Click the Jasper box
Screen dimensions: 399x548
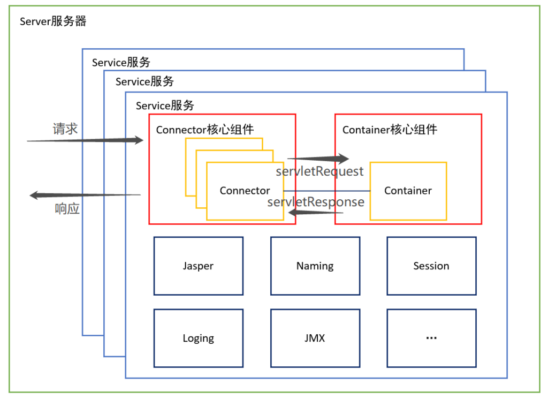pyautogui.click(x=198, y=266)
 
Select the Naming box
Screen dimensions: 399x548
pyautogui.click(x=315, y=266)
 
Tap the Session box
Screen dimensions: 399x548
pyautogui.click(x=431, y=266)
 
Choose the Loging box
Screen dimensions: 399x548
pyautogui.click(x=198, y=338)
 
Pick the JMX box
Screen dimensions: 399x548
pyautogui.click(x=315, y=338)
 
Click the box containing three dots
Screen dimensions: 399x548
pyautogui.click(x=431, y=338)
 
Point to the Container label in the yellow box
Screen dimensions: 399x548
pyautogui.click(x=408, y=191)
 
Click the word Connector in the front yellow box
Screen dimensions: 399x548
pyautogui.click(x=245, y=191)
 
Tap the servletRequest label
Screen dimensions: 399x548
pyautogui.click(x=319, y=171)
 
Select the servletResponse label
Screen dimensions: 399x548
pyautogui.click(x=316, y=202)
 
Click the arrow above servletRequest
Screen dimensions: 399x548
pyautogui.click(x=318, y=159)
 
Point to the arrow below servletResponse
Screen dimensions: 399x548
pyautogui.click(x=316, y=213)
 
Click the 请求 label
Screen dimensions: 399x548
pyautogui.click(x=65, y=129)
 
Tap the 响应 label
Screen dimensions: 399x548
pyautogui.click(x=67, y=209)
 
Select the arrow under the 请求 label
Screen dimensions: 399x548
pyautogui.click(x=86, y=140)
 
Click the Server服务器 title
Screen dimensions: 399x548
pyautogui.click(x=53, y=21)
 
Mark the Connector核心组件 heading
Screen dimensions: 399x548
pyautogui.click(x=204, y=130)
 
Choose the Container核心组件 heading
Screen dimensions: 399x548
pyautogui.click(x=390, y=130)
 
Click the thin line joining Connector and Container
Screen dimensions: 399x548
pyautogui.click(x=326, y=191)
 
